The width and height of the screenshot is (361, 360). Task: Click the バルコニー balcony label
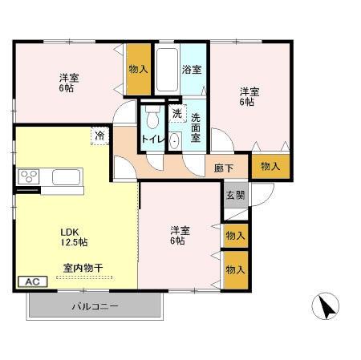tap(95, 306)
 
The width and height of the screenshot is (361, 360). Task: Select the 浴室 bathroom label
tap(192, 69)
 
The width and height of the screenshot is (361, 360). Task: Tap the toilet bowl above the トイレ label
tap(152, 118)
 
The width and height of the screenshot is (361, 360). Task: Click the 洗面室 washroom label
tap(199, 127)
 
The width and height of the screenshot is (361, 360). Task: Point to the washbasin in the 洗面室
tap(176, 138)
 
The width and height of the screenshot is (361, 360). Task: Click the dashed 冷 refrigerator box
tap(99, 135)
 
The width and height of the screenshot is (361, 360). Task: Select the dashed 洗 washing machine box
tap(176, 112)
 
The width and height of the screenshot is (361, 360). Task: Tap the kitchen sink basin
tap(66, 176)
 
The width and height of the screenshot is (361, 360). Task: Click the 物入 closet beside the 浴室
tap(138, 69)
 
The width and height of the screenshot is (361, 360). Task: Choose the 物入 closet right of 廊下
tap(270, 165)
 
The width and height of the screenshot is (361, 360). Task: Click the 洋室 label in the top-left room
tap(68, 84)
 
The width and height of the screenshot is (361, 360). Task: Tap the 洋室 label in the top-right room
tap(248, 96)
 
